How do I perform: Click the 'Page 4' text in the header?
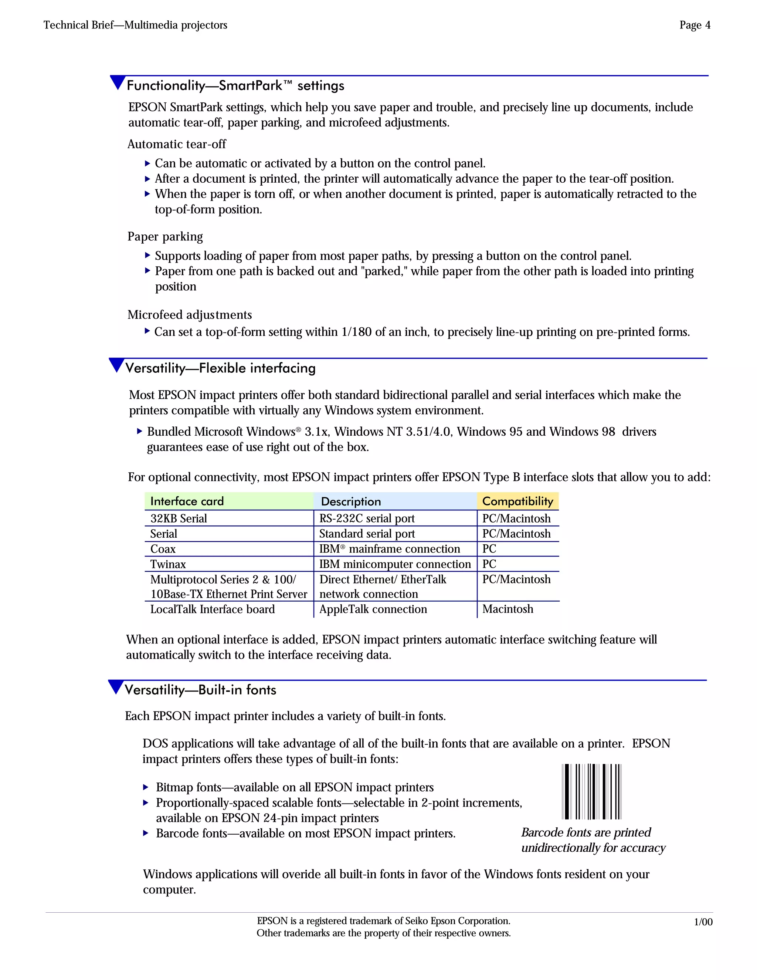pyautogui.click(x=694, y=25)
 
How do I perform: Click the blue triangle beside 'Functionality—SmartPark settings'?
pyautogui.click(x=118, y=82)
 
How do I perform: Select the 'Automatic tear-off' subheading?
pyautogui.click(x=177, y=144)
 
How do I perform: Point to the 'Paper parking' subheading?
pyautogui.click(x=165, y=236)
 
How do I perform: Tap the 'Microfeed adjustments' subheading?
pyautogui.click(x=189, y=315)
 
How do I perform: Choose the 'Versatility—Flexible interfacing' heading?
pyautogui.click(x=220, y=368)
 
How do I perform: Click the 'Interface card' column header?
pyautogui.click(x=187, y=501)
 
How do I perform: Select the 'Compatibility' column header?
pyautogui.click(x=517, y=501)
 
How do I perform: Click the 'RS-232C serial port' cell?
pyautogui.click(x=367, y=519)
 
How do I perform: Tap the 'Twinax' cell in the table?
pyautogui.click(x=168, y=564)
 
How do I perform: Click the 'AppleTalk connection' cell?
pyautogui.click(x=373, y=609)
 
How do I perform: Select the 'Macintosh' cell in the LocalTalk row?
pyautogui.click(x=507, y=609)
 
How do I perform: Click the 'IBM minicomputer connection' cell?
pyautogui.click(x=395, y=564)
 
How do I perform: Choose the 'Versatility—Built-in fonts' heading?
pyautogui.click(x=200, y=690)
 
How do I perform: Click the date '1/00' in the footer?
pyautogui.click(x=703, y=922)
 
